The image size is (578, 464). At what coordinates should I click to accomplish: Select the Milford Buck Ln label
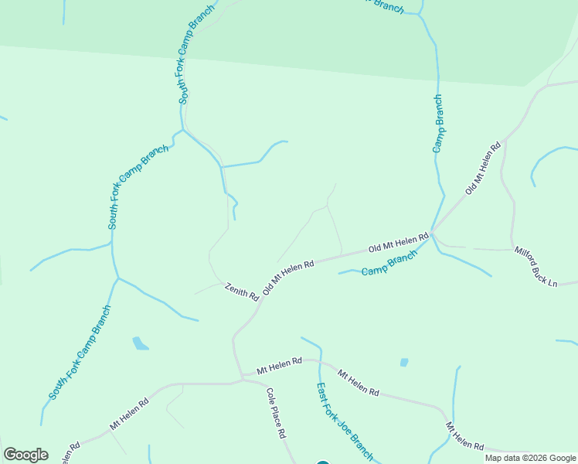(x=535, y=267)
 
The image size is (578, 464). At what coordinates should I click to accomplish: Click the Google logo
(x=25, y=455)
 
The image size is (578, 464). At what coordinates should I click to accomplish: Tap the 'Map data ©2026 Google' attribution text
(x=530, y=458)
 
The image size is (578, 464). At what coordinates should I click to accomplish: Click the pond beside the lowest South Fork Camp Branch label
(x=140, y=343)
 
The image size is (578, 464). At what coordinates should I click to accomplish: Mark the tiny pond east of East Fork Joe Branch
(x=404, y=362)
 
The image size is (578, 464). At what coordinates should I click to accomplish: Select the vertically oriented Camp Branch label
(x=437, y=123)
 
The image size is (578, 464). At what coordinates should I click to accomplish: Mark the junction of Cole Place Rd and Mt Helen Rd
(x=243, y=379)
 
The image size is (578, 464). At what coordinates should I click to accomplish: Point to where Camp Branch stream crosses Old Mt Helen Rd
(x=432, y=231)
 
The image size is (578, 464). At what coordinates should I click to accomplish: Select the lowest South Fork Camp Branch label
(x=80, y=353)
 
